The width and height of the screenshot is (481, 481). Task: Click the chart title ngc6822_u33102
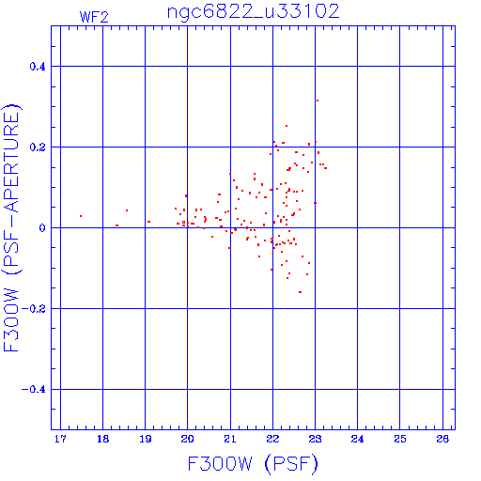253,12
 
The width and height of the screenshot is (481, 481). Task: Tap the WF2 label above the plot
94,17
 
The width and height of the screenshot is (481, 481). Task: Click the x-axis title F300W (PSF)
253,464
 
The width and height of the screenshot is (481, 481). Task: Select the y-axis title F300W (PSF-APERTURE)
12,227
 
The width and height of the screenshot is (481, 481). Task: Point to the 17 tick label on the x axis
60,439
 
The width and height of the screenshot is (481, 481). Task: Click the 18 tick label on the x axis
102,439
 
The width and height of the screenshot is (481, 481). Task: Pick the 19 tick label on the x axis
146,439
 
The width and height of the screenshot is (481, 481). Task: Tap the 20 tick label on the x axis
188,439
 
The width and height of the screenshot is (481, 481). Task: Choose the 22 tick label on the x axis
272,439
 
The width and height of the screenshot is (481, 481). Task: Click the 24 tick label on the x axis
358,439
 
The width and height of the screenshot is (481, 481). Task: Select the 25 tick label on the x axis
400,439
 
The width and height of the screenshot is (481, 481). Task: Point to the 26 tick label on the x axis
442,439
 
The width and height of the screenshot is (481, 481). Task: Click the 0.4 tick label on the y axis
38,67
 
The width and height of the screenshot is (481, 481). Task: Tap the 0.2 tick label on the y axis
38,147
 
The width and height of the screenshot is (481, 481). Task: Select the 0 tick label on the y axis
42,228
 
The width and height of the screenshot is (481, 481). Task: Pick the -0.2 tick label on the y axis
34,309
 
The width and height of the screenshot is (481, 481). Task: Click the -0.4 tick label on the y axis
34,390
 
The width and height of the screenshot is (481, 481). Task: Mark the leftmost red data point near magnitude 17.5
81,216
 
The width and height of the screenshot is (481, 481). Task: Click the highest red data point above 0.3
318,101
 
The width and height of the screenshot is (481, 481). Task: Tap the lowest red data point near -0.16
300,292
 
